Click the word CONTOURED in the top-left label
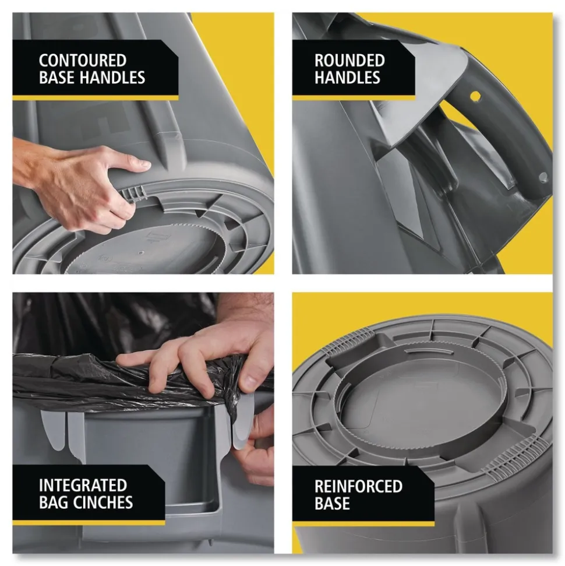(83, 60)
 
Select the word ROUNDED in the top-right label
(349, 60)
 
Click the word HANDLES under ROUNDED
(347, 78)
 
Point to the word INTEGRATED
(83, 485)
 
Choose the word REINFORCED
(358, 486)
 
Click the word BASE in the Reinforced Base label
(332, 504)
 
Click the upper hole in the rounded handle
(475, 96)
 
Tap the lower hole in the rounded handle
(543, 177)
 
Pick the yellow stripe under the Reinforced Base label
(363, 523)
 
